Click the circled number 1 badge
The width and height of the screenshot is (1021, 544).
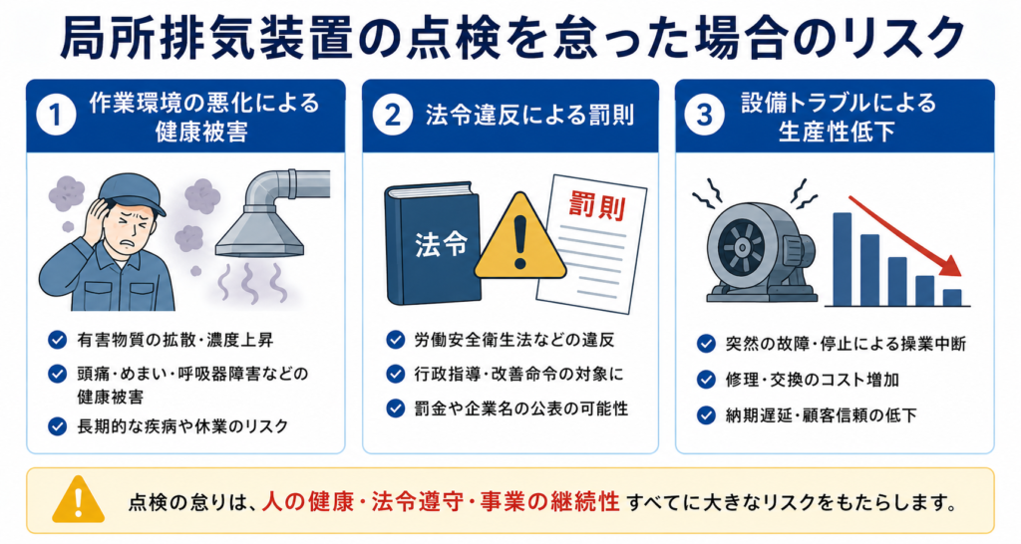click(56, 116)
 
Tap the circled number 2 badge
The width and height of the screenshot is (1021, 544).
click(393, 116)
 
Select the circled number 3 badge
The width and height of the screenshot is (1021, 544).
click(705, 116)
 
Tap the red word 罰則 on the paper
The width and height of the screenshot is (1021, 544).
click(597, 207)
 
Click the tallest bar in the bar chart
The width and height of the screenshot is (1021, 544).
click(842, 259)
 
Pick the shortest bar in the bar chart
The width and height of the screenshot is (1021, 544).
click(952, 297)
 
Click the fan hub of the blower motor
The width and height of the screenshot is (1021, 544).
click(741, 248)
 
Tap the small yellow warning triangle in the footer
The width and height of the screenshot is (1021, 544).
click(78, 500)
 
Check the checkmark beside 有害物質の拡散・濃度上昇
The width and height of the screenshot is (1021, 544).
click(57, 340)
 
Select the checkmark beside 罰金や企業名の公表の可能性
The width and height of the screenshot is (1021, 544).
click(395, 408)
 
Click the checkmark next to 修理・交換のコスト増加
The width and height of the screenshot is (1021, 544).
click(707, 380)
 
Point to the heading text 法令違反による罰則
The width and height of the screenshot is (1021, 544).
click(529, 116)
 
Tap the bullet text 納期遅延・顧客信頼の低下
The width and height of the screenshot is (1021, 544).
click(822, 415)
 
